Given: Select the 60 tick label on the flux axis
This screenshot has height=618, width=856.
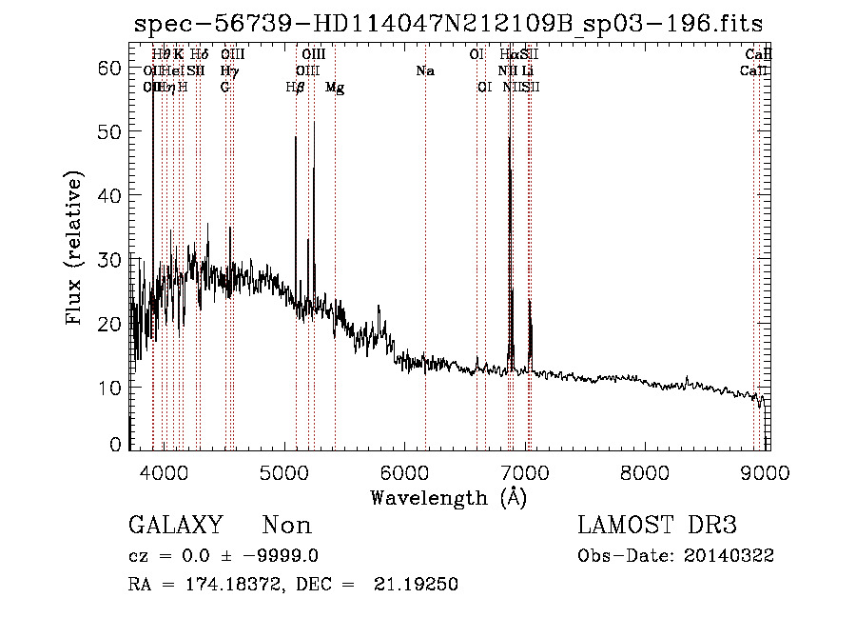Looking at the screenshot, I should [x=110, y=68].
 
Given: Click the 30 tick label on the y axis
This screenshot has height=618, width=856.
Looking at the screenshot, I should [x=110, y=259].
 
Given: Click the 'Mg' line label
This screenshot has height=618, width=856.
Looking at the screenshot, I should [x=335, y=88].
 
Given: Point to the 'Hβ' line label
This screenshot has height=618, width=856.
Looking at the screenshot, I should [x=296, y=88].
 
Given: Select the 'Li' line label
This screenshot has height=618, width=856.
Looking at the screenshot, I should [x=527, y=71].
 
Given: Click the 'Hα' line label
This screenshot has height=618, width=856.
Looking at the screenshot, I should [x=509, y=55].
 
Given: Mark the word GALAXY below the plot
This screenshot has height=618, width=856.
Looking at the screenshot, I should [x=175, y=525].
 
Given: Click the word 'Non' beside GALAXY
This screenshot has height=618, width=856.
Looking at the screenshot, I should [x=286, y=525].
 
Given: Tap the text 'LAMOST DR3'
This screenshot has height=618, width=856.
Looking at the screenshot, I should [x=656, y=525].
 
